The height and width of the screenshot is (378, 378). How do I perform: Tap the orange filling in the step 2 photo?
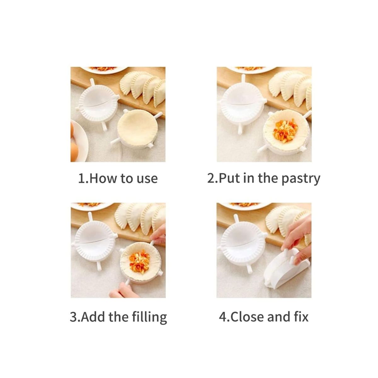(x=283, y=130)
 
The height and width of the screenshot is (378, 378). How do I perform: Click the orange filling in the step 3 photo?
(x=139, y=262)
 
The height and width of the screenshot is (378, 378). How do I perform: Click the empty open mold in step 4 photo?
(x=242, y=245)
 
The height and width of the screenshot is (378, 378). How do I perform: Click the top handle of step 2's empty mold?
(x=243, y=78)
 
